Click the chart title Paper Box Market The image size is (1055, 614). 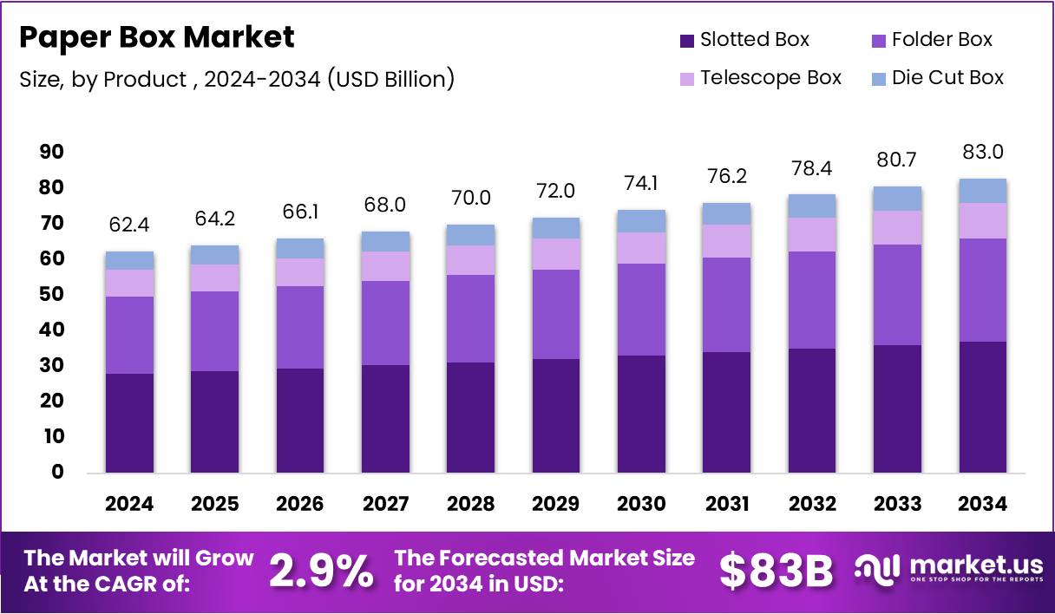pos(157,37)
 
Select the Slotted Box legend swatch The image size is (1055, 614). pos(687,40)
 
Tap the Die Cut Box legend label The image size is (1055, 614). pos(947,77)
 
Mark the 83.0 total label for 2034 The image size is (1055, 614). pos(983,153)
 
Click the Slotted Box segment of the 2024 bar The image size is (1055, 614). pos(129,422)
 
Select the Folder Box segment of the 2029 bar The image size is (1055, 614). pos(556,314)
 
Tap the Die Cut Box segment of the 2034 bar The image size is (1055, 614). pos(983,191)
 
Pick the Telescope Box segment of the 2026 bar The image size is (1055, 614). pos(300,272)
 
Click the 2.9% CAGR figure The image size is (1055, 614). pos(320,572)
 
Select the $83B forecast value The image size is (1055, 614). pos(776,572)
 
